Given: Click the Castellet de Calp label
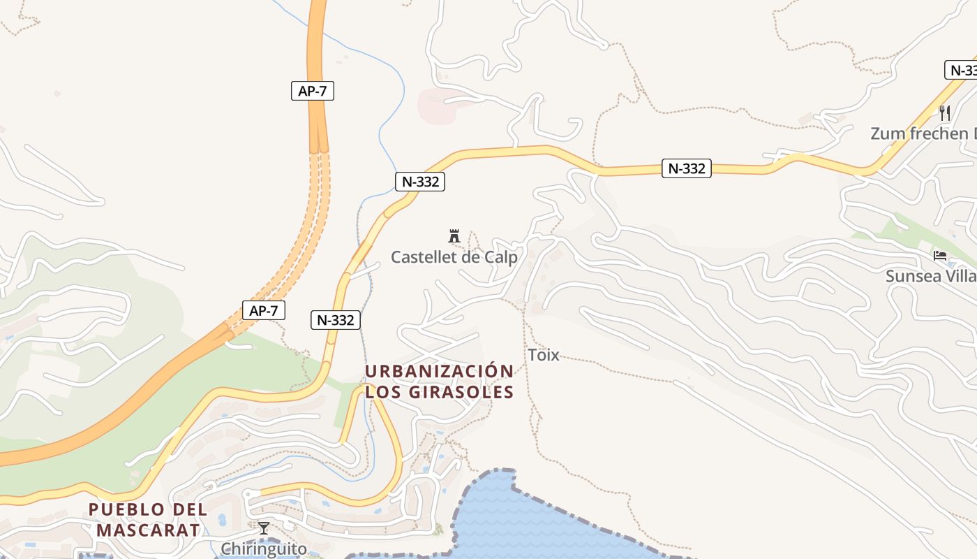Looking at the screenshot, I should click(454, 257).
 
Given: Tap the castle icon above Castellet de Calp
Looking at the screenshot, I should click(454, 236).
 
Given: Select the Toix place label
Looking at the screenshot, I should click(543, 355).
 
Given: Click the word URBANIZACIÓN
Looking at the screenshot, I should click(440, 371).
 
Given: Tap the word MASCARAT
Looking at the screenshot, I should click(148, 530).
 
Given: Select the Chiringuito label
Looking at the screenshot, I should click(264, 549).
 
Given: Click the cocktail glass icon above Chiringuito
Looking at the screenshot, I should click(264, 528).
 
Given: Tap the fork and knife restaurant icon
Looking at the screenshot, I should click(945, 112).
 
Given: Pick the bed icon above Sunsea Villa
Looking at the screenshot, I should click(940, 256).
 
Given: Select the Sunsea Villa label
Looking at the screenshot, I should click(930, 276).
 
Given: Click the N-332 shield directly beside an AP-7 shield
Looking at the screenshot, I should click(335, 320).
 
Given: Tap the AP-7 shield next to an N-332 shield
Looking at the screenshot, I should click(264, 310).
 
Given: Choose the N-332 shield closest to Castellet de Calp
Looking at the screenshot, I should click(419, 182).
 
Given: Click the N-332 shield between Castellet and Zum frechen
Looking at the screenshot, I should click(687, 168).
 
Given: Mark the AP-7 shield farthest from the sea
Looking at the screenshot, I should click(312, 91).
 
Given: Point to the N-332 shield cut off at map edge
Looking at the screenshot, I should click(962, 70).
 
